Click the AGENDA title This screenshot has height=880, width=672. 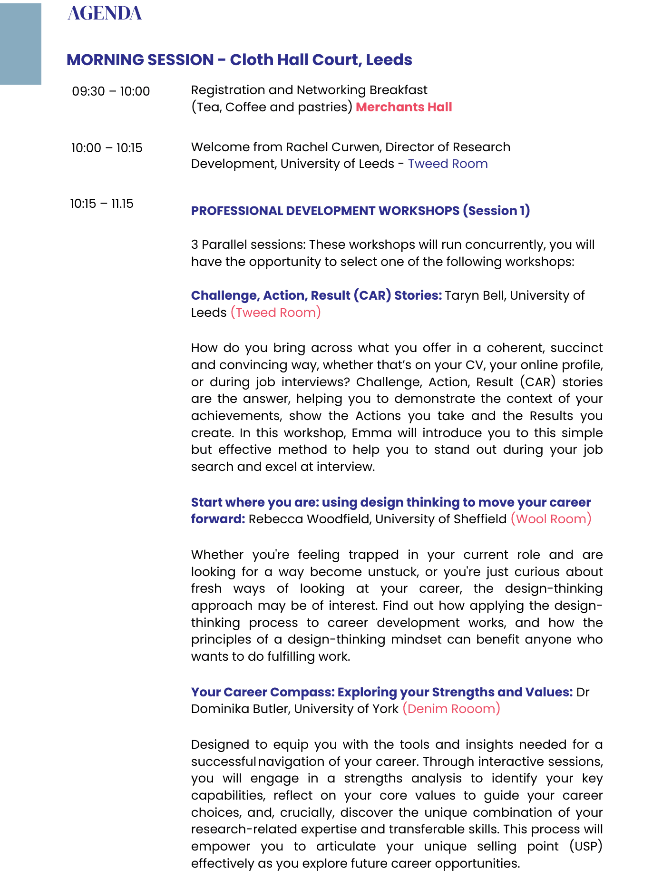[x=105, y=13]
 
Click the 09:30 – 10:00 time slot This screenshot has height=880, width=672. [x=111, y=91]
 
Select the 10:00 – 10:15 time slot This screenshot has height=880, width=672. [x=107, y=148]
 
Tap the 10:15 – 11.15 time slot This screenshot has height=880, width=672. [x=102, y=204]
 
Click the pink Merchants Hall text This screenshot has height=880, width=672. [x=404, y=107]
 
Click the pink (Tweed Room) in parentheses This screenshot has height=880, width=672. [x=276, y=313]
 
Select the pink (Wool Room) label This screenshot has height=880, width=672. [x=551, y=518]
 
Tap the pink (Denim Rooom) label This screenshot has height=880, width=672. [x=451, y=709]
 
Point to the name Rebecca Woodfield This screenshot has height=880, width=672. [x=309, y=518]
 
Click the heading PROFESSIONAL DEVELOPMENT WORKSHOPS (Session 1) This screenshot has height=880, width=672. [x=360, y=211]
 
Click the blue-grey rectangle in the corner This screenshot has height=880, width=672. [x=20, y=44]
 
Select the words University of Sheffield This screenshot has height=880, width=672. [x=441, y=518]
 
